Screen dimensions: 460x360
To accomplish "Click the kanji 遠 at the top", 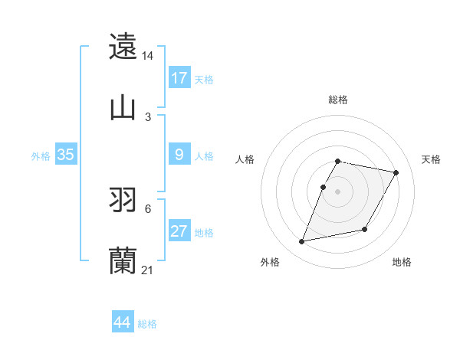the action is [x=123, y=47].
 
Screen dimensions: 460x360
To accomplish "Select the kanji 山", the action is [x=123, y=108].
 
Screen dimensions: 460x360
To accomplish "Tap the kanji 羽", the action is [x=123, y=200].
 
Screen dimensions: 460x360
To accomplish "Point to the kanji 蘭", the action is [x=123, y=261].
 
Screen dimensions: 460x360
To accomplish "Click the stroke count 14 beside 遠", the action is [x=148, y=56].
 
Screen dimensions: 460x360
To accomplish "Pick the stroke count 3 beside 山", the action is [x=148, y=116].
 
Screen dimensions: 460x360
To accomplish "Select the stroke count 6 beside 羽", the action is [x=148, y=208].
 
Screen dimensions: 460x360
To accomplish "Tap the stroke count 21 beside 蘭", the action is [x=148, y=270].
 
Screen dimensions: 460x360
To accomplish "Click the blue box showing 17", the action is [x=179, y=78].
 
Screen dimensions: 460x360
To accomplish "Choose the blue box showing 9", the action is [x=179, y=155].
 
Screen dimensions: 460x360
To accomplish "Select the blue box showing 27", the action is [x=179, y=231].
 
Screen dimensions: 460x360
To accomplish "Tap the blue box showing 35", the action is [x=65, y=155].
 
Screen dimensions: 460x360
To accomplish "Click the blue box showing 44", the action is [x=123, y=323].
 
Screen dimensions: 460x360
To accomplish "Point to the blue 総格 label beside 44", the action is [x=147, y=324].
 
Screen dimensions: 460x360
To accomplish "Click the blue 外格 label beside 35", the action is [x=41, y=155].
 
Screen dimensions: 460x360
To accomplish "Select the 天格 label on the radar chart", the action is [x=431, y=159].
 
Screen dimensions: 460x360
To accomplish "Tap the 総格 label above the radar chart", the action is [x=338, y=100].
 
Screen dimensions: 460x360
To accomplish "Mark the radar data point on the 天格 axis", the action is [x=396, y=173].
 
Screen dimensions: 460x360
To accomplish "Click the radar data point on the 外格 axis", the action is [x=302, y=242].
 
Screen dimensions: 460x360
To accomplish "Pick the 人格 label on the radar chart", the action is [x=245, y=159].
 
